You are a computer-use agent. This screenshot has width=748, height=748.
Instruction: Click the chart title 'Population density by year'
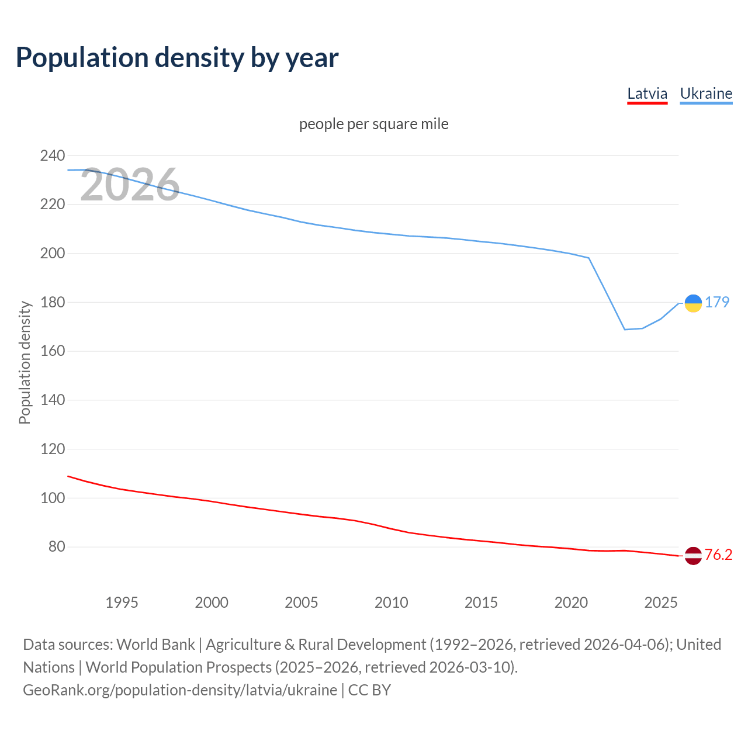point(177,57)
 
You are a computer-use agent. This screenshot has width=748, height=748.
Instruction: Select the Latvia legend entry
point(647,93)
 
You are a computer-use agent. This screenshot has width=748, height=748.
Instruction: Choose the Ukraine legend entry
point(706,93)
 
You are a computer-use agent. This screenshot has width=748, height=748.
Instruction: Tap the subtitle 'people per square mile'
point(373,124)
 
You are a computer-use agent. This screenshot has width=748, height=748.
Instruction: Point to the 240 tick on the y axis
point(52,155)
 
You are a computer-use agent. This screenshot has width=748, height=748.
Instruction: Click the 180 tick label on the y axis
point(52,302)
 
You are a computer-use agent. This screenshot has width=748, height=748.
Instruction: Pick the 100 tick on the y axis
point(52,498)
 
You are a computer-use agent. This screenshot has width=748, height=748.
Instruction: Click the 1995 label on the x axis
point(122,602)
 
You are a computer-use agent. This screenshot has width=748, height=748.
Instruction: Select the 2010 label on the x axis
point(391,602)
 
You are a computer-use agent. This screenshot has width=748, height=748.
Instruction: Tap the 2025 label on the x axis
point(660,602)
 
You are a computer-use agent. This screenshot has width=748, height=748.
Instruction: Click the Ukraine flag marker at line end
point(693,303)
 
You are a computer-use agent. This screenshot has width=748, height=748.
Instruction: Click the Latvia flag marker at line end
point(693,555)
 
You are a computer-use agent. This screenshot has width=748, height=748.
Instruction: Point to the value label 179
point(717,302)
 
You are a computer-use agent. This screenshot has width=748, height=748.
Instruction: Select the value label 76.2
point(718,555)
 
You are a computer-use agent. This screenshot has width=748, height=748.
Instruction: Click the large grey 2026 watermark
point(130,185)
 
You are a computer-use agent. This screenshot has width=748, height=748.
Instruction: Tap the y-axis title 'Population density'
point(25,362)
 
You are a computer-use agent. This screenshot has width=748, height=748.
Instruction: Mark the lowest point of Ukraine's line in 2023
point(625,330)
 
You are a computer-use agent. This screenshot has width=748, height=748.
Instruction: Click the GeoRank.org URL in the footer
point(180,690)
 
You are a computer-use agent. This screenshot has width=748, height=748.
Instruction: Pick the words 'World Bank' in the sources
point(155,644)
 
